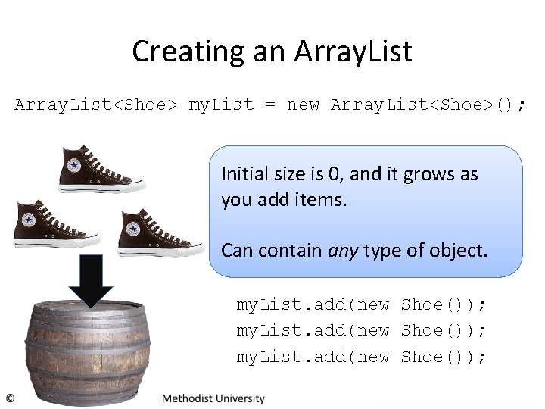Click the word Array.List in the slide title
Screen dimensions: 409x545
coord(353,52)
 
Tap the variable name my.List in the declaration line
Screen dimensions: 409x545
coord(221,105)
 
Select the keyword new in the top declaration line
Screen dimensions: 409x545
coord(303,105)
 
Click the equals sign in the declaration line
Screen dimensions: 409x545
coord(270,105)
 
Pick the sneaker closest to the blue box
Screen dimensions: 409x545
coord(160,232)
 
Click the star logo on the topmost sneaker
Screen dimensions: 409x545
coord(73,165)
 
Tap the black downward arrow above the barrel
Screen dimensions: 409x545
coord(91,280)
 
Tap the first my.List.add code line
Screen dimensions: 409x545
coord(362,304)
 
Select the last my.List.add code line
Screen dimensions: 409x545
coord(362,356)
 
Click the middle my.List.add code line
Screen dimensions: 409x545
coord(362,330)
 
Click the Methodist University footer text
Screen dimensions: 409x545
coord(213,398)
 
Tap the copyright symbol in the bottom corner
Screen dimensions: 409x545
coord(10,398)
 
